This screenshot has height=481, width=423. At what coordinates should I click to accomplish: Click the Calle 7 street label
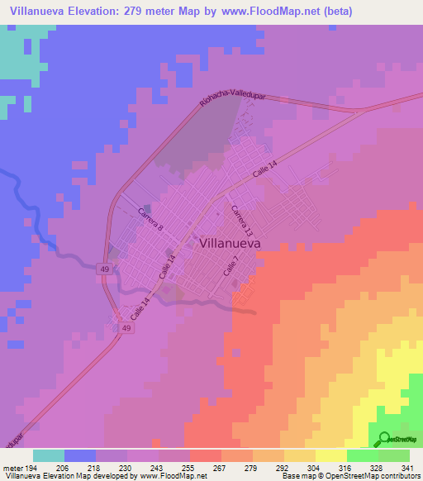231,266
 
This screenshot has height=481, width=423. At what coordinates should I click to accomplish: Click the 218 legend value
96,468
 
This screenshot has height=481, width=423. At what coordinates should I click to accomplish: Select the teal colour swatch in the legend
49,455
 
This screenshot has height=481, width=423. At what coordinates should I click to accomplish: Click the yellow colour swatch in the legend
331,455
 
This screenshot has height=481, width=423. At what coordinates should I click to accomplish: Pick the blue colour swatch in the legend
80,455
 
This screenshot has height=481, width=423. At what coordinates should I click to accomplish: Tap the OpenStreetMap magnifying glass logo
383,439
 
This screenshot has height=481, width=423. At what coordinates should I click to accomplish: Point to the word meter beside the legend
12,468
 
